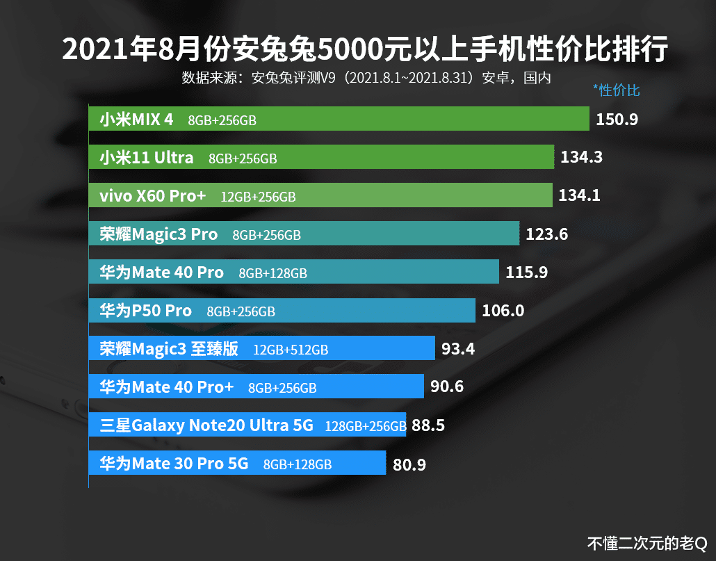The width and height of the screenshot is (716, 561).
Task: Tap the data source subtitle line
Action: click(366, 77)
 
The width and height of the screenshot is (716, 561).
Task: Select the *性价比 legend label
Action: click(616, 90)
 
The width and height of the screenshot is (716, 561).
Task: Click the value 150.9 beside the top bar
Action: click(617, 120)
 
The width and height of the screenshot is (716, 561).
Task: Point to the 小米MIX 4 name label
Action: click(136, 120)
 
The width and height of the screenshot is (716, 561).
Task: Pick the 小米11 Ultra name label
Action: click(146, 158)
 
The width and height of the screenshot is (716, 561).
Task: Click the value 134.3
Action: click(581, 158)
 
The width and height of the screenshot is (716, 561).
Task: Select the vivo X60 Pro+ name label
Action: click(152, 196)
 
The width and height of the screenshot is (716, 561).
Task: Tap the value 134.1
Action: click(579, 196)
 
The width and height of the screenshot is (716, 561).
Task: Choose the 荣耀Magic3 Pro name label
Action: click(158, 234)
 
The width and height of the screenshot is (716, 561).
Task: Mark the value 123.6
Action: click(546, 234)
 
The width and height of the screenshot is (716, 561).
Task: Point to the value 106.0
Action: click(503, 311)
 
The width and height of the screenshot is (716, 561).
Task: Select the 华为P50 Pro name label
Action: click(145, 311)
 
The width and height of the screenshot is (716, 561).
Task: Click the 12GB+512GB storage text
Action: click(291, 350)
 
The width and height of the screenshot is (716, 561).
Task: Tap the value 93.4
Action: click(458, 349)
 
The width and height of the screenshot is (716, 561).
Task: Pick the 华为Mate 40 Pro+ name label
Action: click(166, 387)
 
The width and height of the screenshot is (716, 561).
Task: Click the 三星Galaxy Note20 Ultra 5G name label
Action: click(206, 425)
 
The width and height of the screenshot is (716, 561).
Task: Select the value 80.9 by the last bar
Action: click(409, 464)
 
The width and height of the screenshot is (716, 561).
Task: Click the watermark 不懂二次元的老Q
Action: click(646, 542)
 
